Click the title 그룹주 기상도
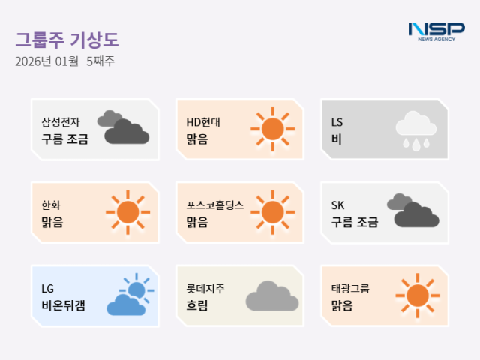[67, 39]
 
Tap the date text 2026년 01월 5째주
[64, 61]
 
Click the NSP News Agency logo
[436, 31]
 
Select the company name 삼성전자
[61, 121]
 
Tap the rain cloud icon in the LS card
[415, 130]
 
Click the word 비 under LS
[336, 139]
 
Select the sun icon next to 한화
[127, 212]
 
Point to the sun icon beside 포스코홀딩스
[272, 212]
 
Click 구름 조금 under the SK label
[355, 222]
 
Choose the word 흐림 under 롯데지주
[197, 305]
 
